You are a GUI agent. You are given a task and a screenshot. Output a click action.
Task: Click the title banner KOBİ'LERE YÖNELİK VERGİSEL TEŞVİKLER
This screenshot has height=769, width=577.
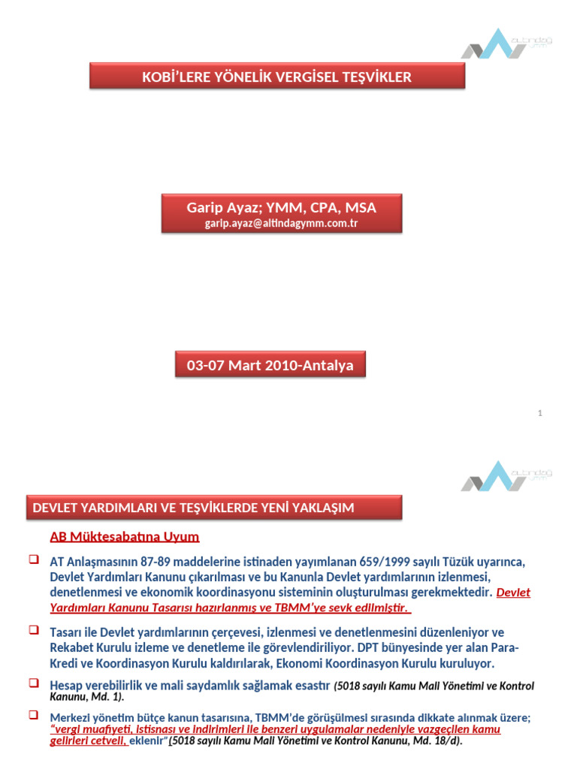[276, 77]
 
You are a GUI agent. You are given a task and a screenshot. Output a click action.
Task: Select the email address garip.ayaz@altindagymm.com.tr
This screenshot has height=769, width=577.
[281, 223]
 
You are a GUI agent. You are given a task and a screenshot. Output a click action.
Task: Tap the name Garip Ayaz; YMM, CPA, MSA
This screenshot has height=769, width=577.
[281, 207]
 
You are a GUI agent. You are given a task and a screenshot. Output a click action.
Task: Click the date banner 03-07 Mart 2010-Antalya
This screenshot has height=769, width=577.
[270, 366]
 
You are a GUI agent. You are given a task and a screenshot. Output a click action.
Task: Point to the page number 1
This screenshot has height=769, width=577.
[540, 413]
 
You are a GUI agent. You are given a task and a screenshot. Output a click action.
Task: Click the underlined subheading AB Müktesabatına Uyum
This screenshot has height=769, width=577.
[125, 537]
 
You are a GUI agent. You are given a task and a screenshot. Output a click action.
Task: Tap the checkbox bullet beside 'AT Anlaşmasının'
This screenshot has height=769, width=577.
[33, 559]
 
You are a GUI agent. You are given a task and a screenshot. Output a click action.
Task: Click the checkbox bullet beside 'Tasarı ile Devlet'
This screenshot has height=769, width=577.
[33, 630]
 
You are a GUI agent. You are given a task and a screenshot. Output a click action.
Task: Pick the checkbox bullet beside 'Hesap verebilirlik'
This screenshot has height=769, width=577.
[33, 683]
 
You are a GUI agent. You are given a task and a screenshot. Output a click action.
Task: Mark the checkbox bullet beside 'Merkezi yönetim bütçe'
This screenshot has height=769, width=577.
[33, 715]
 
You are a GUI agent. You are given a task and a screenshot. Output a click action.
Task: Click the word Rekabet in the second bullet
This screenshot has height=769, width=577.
[72, 647]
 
